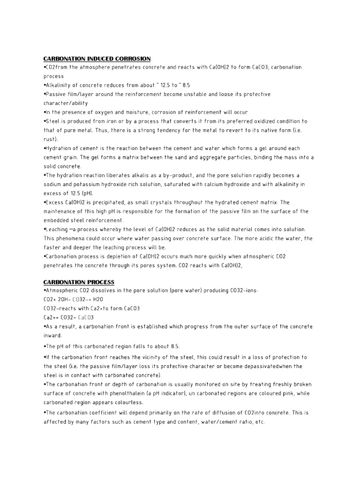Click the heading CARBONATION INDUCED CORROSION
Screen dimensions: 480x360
coord(97,59)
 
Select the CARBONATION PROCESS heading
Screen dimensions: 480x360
coord(79,282)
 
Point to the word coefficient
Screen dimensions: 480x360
coord(107,413)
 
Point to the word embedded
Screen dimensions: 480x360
coord(57,220)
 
